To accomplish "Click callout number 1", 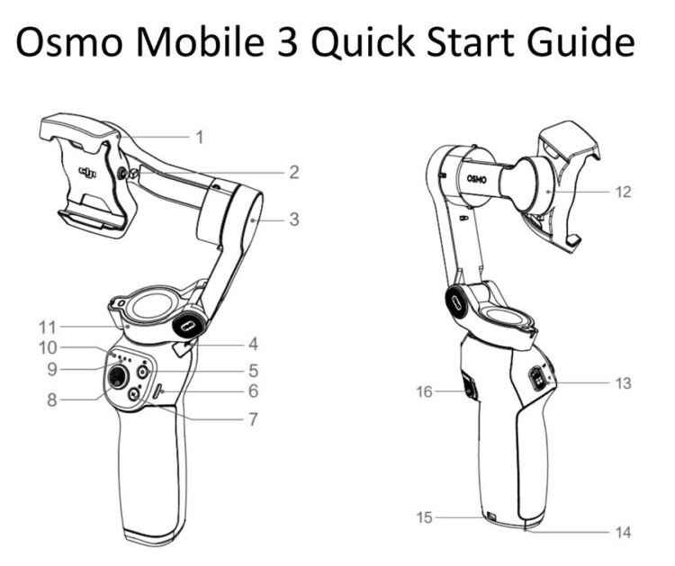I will (199, 138).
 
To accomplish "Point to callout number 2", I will (293, 171).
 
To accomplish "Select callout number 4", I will (254, 344).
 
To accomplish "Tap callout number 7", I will (254, 419).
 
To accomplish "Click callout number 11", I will (48, 327).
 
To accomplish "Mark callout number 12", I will (624, 192).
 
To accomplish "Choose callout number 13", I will (623, 383).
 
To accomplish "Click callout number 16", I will (425, 391).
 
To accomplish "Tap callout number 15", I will (424, 517).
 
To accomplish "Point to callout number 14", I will (623, 532).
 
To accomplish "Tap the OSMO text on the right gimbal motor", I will (476, 178).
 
